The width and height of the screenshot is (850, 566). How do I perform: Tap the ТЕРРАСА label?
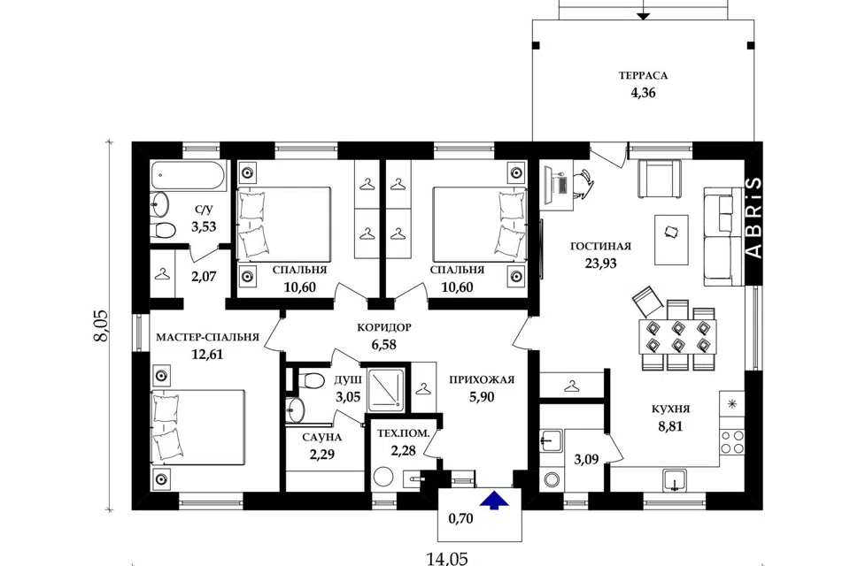point(643,76)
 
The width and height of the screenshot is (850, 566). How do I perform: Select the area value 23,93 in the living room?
point(600,264)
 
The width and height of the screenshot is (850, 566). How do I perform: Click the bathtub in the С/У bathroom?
point(188,175)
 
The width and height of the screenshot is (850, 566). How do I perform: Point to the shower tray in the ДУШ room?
point(387,388)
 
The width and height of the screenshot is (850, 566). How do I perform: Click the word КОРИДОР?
point(383,327)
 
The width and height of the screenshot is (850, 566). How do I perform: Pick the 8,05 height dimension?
point(101,325)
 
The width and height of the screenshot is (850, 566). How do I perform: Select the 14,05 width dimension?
point(446,558)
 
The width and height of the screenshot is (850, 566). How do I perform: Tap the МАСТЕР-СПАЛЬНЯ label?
point(207,337)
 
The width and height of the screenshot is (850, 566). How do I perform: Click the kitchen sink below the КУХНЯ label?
point(675,480)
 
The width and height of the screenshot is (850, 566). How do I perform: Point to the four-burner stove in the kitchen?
point(732,442)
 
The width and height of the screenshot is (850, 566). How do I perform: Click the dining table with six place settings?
point(677,336)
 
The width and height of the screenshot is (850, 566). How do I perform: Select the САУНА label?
point(322,437)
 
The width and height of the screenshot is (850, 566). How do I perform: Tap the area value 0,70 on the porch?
point(460,519)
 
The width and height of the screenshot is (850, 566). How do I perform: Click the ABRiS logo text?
point(754,218)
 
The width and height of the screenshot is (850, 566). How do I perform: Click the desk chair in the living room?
point(583,181)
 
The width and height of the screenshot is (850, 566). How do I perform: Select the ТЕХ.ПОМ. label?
point(404,433)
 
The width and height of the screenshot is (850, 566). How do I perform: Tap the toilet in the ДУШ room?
point(309,379)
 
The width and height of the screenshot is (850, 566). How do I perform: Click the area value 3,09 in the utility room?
point(586,460)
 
